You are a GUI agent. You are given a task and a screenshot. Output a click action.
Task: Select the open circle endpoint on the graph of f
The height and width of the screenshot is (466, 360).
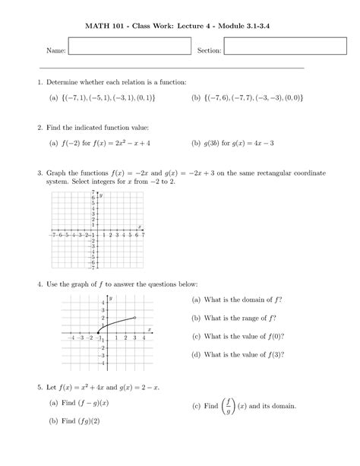pos(135,318)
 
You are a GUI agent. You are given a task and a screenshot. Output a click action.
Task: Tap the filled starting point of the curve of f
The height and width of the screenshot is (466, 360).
pos(98,332)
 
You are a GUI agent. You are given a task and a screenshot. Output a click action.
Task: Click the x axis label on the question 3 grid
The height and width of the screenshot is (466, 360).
pos(140,225)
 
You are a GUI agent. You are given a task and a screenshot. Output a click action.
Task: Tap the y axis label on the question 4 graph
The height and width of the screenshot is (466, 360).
pos(111,300)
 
